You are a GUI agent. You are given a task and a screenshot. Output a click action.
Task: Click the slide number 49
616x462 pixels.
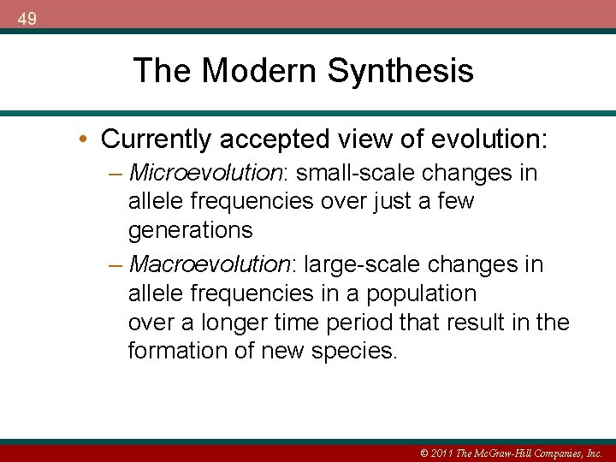pos(27,18)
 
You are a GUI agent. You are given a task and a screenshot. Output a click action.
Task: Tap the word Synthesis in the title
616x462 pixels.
pos(400,70)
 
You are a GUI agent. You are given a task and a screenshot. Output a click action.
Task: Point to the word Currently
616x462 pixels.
pos(155,138)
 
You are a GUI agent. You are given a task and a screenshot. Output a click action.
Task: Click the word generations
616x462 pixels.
pos(190,230)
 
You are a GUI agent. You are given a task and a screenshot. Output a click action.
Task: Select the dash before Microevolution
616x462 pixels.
pos(115,174)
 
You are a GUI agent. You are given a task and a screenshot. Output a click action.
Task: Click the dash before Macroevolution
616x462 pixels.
pos(115,264)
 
